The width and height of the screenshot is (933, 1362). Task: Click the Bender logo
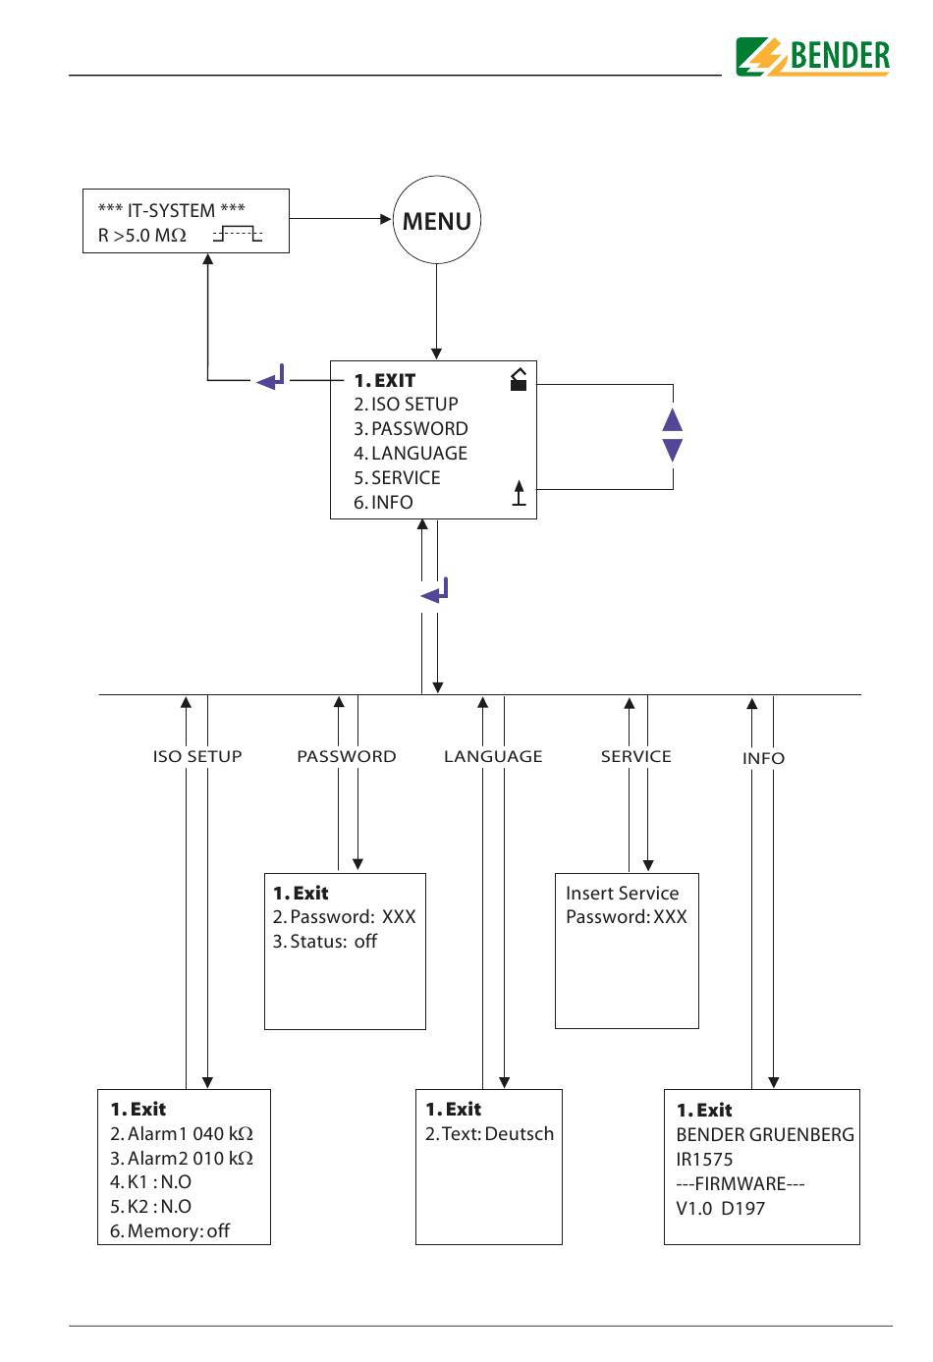coord(812,57)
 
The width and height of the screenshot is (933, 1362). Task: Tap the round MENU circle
coord(437,220)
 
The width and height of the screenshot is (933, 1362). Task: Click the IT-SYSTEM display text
coord(172,210)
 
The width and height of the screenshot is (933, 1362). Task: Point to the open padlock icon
coord(519,379)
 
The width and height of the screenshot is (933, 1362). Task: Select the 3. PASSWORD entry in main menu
coord(411,429)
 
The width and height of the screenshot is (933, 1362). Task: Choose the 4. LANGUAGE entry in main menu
coord(411,453)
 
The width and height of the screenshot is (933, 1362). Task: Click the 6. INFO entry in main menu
coord(383,502)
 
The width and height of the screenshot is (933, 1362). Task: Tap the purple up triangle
coord(672,420)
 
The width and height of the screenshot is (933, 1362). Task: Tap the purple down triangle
coord(672,450)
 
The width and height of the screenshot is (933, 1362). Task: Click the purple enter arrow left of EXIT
coord(271,378)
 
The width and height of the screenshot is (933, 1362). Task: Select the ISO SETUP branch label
coord(197,756)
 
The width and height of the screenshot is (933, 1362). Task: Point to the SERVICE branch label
coord(636,756)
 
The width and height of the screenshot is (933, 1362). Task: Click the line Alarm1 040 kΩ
coord(182,1134)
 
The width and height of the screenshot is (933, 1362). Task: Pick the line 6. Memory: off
coord(170,1231)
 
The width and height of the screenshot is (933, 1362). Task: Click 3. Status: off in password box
coord(325,942)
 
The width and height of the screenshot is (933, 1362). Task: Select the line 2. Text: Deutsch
coord(490,1134)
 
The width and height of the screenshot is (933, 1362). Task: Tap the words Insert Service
coord(623,894)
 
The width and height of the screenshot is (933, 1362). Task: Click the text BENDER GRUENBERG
coord(765,1134)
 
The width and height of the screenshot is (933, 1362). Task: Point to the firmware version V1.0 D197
coord(720,1208)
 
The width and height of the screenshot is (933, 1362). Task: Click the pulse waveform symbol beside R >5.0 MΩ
coord(238,234)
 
